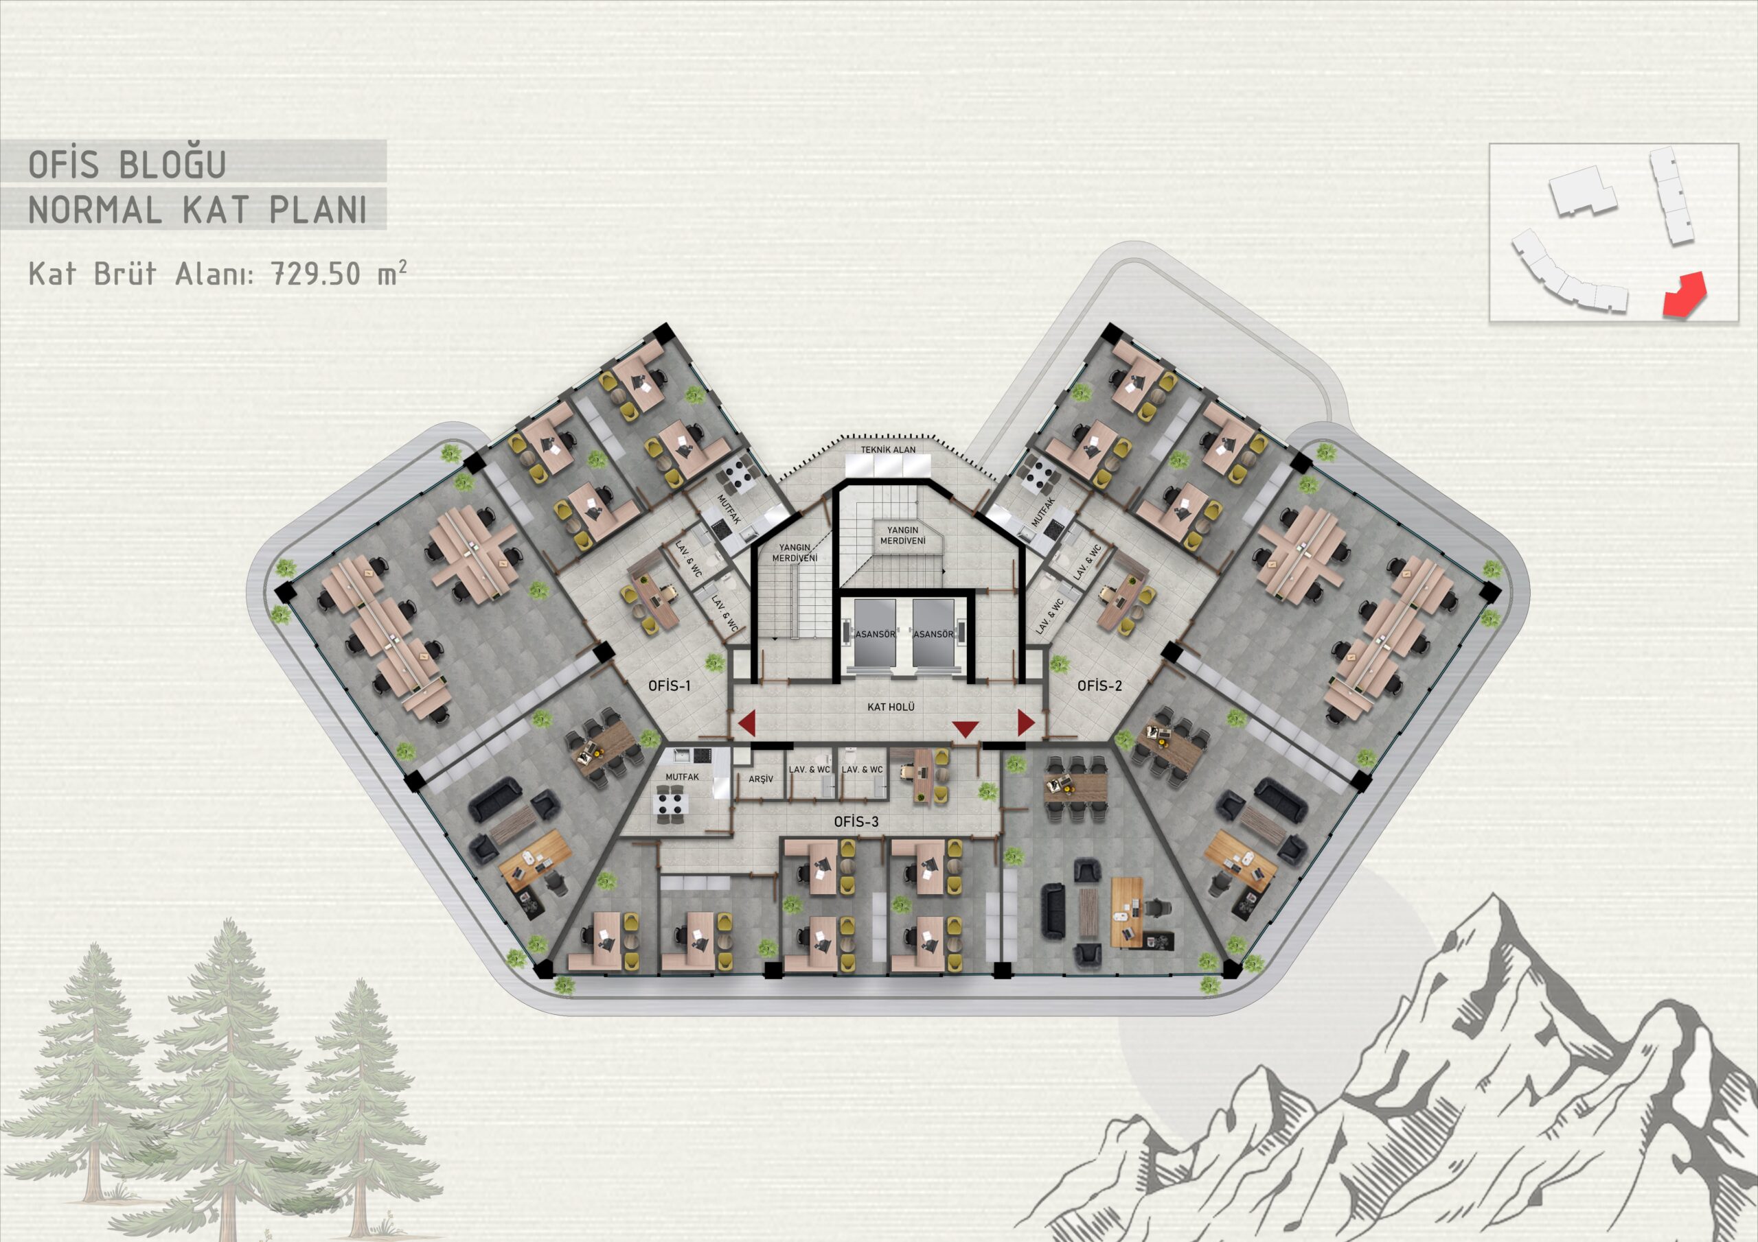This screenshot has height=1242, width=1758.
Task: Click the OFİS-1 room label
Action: (669, 686)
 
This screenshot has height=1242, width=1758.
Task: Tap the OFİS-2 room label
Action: (1099, 686)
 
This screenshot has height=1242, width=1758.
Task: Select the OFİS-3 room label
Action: (856, 822)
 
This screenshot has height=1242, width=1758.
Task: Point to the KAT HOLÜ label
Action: (891, 707)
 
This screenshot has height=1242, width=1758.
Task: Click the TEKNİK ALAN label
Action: (888, 449)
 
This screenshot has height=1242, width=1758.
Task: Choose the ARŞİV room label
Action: (760, 779)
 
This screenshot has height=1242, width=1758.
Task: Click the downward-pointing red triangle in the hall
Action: (965, 728)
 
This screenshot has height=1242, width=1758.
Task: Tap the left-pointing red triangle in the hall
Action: (746, 723)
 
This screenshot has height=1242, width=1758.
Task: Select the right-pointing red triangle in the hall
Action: (1026, 722)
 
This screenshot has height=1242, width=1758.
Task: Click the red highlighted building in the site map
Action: (1686, 295)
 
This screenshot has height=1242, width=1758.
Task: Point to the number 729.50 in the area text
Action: (316, 273)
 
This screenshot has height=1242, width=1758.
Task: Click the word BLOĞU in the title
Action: (172, 164)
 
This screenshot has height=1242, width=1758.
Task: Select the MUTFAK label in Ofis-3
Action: (681, 777)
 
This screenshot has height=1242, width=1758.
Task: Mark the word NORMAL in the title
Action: (95, 210)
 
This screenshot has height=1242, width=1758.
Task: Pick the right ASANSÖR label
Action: (933, 635)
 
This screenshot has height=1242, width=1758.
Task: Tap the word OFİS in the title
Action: (64, 164)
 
